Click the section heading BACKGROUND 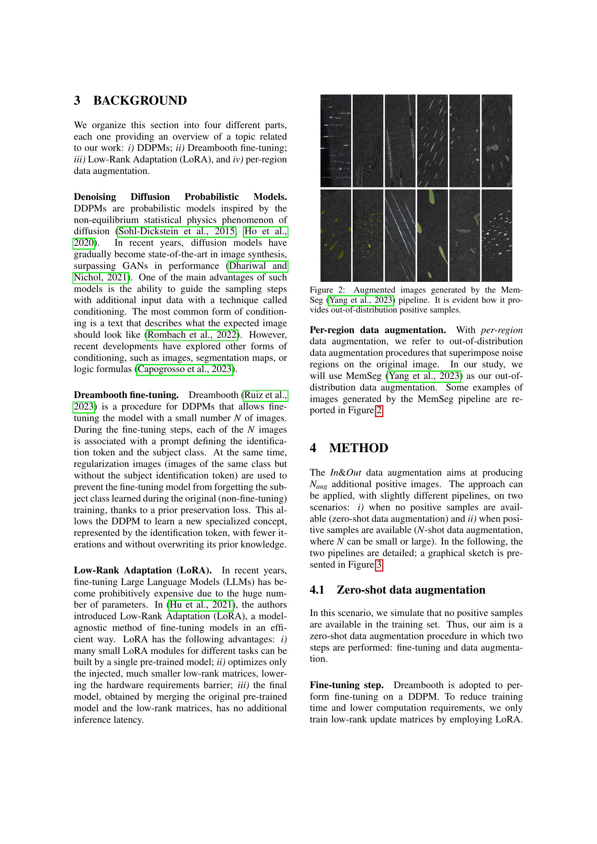click(140, 100)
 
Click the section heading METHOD click(358, 448)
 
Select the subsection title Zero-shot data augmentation click(411, 590)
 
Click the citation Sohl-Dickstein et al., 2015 click(177, 231)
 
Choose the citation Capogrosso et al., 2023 click(185, 369)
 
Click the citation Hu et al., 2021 click(201, 605)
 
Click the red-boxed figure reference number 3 click(379, 565)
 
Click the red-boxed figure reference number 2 click(379, 410)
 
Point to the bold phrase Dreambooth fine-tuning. click(126, 395)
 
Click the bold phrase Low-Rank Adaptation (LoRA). click(143, 570)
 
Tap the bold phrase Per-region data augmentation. click(378, 330)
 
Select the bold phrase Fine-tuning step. click(347, 685)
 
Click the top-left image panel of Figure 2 click(336, 141)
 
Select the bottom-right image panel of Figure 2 click(497, 235)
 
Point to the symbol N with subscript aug click(318, 485)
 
